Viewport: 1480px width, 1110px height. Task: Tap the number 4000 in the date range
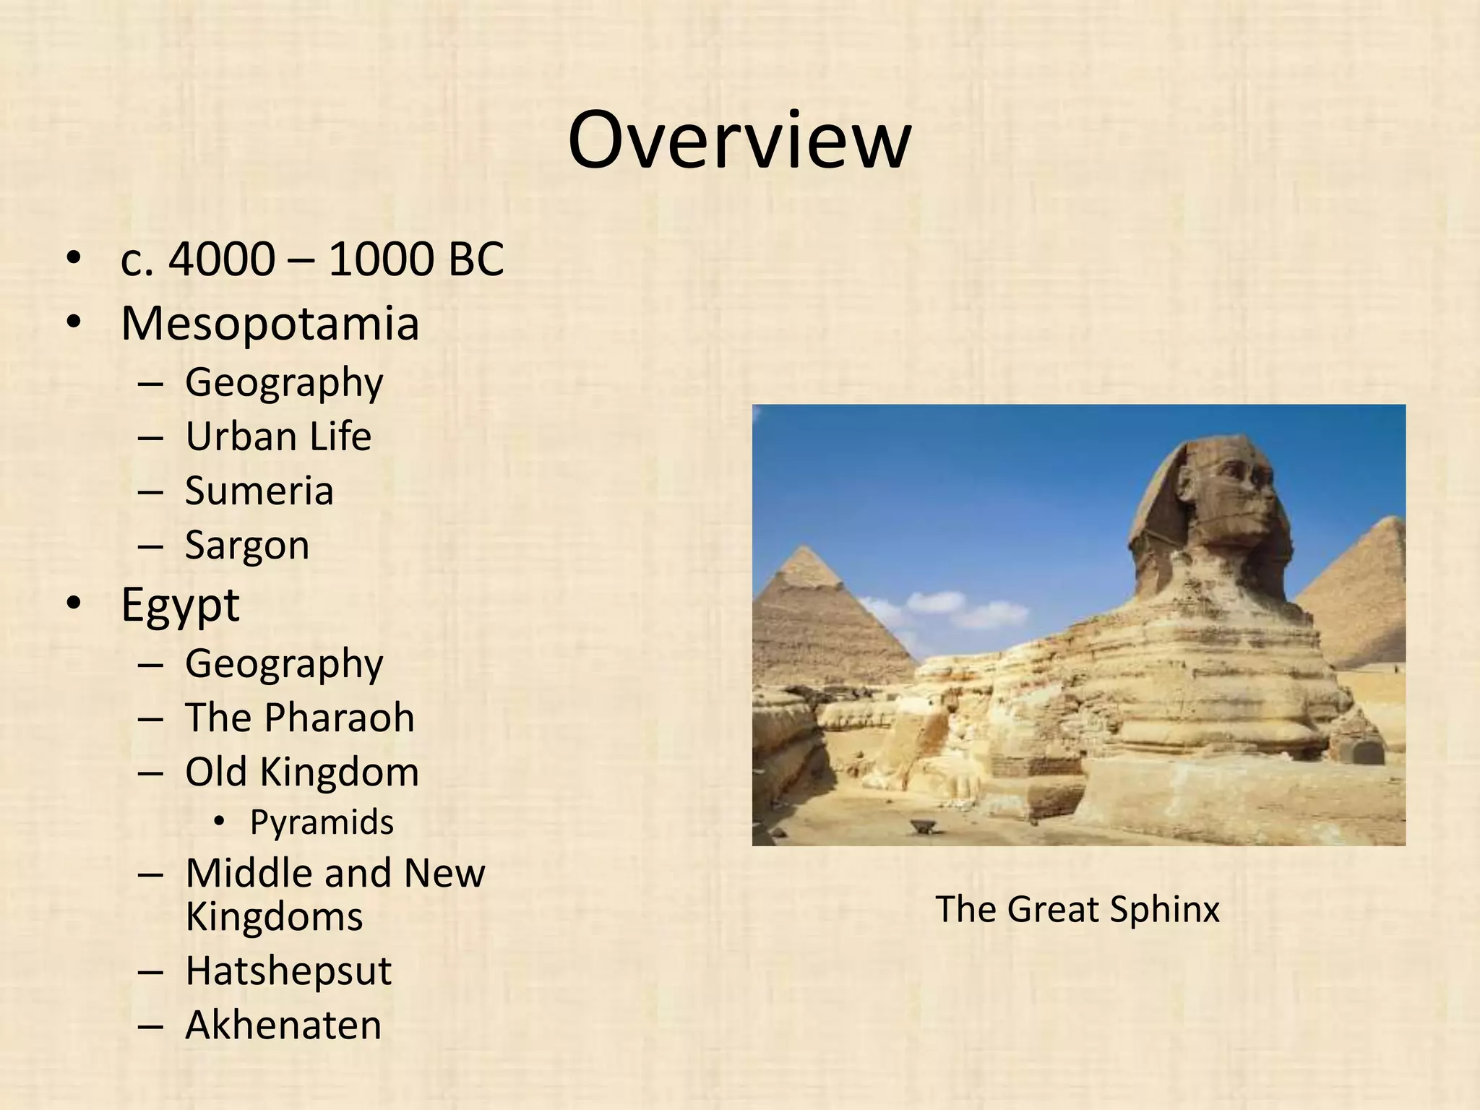222,259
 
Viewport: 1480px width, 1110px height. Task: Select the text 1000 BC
416,259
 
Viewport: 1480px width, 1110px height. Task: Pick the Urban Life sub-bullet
278,436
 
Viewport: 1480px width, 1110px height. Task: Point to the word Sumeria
259,491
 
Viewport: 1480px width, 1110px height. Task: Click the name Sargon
247,545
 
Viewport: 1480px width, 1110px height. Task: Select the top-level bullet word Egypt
180,605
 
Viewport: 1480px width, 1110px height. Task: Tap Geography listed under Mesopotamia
284,382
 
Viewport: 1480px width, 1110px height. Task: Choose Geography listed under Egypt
284,663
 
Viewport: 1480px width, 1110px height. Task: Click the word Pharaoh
339,718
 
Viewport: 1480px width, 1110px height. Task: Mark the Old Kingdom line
302,772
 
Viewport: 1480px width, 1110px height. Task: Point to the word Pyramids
322,822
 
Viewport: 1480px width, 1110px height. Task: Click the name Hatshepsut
288,971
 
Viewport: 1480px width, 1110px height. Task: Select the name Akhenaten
283,1025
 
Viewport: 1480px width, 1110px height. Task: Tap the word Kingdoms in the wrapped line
274,916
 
